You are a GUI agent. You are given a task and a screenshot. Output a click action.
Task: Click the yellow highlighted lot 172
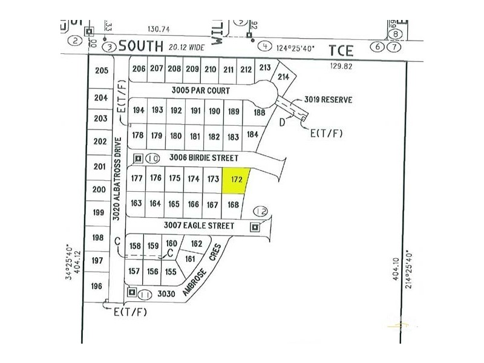pyautogui.click(x=235, y=180)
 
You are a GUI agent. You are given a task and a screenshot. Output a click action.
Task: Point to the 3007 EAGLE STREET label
pyautogui.click(x=198, y=226)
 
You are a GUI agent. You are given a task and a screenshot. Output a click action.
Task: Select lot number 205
pyautogui.click(x=102, y=70)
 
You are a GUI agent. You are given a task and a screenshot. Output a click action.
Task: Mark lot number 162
pyautogui.click(x=196, y=244)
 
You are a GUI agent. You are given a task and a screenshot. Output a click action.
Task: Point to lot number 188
pyautogui.click(x=260, y=112)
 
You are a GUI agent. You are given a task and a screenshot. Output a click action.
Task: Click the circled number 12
pyautogui.click(x=261, y=211)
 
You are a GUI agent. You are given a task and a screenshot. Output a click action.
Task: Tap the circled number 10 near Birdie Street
pyautogui.click(x=152, y=159)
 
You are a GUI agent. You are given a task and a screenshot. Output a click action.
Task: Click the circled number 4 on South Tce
pyautogui.click(x=265, y=46)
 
